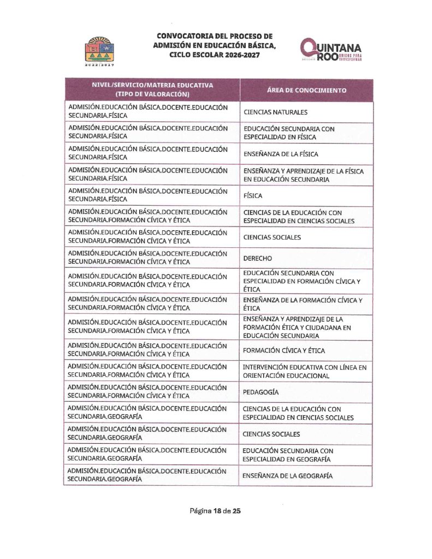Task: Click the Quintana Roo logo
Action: (x=330, y=50)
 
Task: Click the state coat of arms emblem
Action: (x=99, y=49)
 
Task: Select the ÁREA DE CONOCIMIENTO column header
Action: (x=306, y=91)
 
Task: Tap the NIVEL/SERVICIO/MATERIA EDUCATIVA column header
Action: (x=152, y=90)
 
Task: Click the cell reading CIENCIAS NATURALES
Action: (x=275, y=112)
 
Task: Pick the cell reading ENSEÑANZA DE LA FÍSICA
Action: (x=280, y=154)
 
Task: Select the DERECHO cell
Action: (x=257, y=258)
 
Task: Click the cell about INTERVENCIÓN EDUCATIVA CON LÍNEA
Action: (x=304, y=371)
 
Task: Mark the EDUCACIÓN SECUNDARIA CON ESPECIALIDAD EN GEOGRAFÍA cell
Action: (x=287, y=455)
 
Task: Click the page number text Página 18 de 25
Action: (x=215, y=511)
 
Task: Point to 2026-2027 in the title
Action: (x=239, y=55)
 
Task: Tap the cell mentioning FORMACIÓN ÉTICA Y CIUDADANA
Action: (x=297, y=327)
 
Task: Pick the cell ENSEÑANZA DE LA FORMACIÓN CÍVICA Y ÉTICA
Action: (x=302, y=304)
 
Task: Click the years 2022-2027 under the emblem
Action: (x=99, y=64)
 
